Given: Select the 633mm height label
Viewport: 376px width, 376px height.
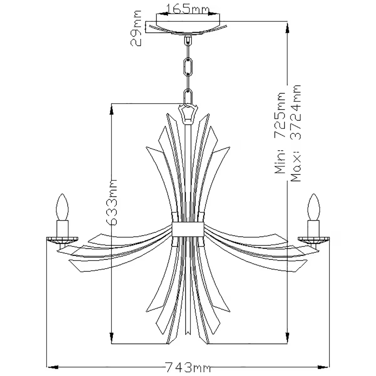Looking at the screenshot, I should [112, 202].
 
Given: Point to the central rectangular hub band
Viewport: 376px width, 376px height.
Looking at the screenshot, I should [188, 229].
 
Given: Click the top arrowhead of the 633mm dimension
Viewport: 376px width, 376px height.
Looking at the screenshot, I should [111, 108].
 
